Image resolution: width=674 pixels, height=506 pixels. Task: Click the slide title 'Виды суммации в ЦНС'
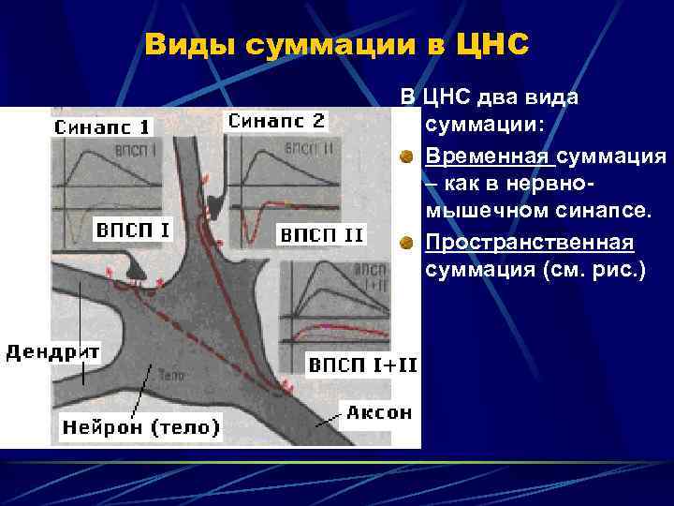coord(337,45)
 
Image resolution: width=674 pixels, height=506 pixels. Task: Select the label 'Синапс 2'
coord(276,121)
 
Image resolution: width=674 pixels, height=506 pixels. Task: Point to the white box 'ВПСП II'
coord(321,235)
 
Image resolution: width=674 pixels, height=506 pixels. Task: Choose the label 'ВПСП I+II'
coord(363,363)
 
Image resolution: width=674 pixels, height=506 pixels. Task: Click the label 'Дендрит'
coord(53,352)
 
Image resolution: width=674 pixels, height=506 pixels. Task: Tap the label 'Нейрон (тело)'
coord(140,427)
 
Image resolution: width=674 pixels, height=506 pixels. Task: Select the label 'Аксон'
coord(378,412)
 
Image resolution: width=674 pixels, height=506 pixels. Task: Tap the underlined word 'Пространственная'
coord(529,242)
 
